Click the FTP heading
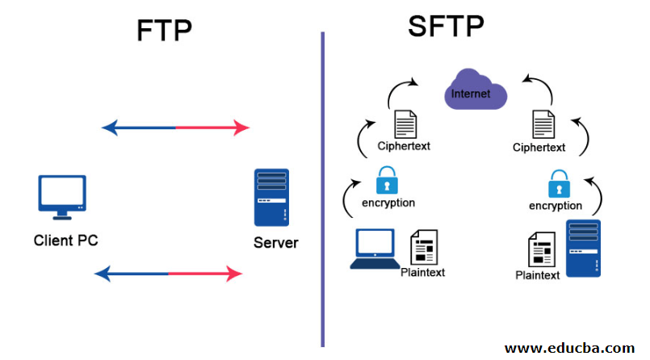tap(164, 31)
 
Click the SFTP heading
tap(446, 27)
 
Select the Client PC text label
tap(65, 240)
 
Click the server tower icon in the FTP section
tap(271, 196)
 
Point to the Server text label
tap(275, 242)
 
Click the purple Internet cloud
tap(476, 94)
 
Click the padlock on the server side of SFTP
tap(556, 184)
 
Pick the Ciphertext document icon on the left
tap(405, 124)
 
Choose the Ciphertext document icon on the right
tap(543, 125)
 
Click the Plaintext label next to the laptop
tap(422, 272)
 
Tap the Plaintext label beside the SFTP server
tap(537, 275)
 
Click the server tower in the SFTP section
tap(582, 248)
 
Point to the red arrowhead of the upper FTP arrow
tap(241, 128)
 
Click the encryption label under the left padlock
tap(388, 203)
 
